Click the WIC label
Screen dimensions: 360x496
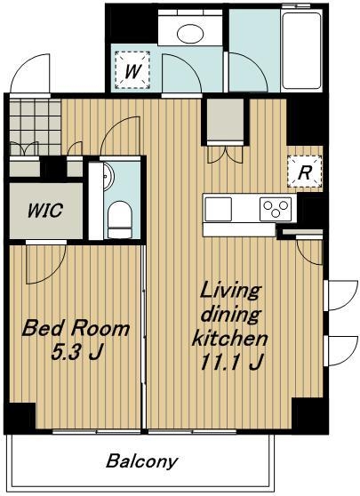click(45, 210)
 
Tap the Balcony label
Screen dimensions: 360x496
click(141, 461)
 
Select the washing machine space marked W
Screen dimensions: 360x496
click(132, 70)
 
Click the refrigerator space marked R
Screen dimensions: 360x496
click(304, 172)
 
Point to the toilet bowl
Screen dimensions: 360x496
click(120, 220)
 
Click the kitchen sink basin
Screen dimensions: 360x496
click(219, 209)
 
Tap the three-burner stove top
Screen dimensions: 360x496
click(276, 209)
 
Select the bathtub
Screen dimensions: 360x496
click(301, 51)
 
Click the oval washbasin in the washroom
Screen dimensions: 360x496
click(190, 34)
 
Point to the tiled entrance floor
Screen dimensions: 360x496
click(36, 127)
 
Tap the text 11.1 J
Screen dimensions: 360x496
click(231, 361)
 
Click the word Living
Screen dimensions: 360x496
click(230, 292)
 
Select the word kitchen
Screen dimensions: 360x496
click(230, 338)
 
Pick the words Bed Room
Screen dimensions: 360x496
click(76, 328)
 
